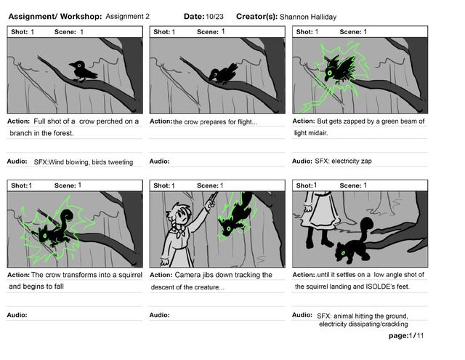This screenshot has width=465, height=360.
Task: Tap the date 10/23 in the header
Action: click(x=214, y=16)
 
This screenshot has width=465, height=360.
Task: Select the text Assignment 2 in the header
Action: click(x=128, y=16)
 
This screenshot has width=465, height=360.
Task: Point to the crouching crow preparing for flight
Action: click(x=222, y=72)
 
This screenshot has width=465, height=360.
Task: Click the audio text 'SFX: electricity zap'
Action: click(x=343, y=161)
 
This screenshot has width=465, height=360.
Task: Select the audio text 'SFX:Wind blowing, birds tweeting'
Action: click(x=84, y=161)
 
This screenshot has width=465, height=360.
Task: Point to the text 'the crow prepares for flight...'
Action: click(x=215, y=121)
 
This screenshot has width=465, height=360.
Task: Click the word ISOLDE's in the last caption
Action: click(x=388, y=287)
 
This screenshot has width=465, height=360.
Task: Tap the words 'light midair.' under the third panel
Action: click(x=311, y=133)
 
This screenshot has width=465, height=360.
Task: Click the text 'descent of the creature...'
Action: click(x=187, y=287)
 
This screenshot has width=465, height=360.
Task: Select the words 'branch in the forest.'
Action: click(x=41, y=134)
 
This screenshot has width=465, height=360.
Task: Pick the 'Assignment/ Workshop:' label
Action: click(x=54, y=16)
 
